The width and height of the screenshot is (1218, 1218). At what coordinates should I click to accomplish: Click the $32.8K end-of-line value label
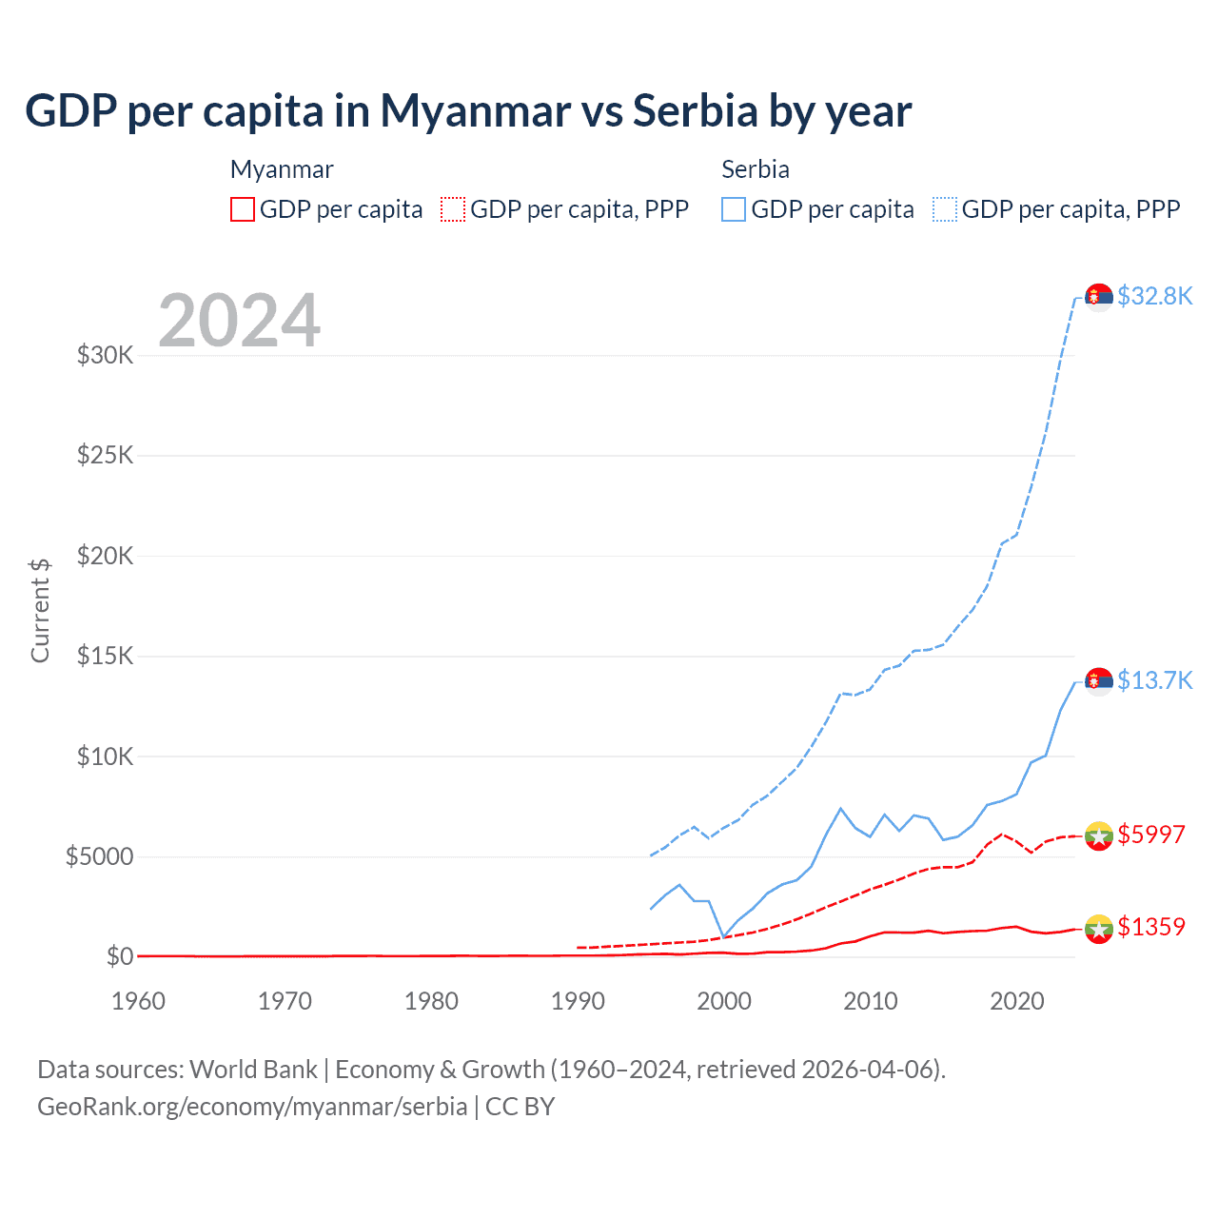point(1154,296)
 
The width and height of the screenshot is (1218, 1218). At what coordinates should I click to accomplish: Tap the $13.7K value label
point(1154,680)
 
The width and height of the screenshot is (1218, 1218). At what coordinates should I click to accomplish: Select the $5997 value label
point(1151,835)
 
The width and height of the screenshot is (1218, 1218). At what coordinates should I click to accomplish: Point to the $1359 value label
point(1151,927)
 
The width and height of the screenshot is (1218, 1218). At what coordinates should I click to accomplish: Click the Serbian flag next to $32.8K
point(1099,297)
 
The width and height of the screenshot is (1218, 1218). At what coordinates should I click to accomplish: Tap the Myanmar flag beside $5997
point(1099,835)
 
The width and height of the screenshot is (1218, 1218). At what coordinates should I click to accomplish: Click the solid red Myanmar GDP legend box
point(243,209)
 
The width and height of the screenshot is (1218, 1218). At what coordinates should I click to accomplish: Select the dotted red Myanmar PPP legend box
point(453,209)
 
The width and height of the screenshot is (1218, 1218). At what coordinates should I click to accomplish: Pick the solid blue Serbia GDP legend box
point(734,209)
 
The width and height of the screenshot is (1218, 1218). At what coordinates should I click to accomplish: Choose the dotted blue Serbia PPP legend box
point(945,209)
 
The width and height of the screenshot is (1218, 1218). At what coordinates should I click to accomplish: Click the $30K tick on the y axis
point(105,356)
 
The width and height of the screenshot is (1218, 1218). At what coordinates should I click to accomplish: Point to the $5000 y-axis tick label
point(99,857)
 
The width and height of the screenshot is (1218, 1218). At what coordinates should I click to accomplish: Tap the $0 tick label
point(119,957)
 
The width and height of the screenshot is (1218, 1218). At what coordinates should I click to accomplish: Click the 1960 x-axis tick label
point(139,1001)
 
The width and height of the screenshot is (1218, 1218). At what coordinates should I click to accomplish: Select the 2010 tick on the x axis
point(871,1001)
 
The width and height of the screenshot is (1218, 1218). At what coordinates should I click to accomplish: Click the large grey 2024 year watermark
point(239,321)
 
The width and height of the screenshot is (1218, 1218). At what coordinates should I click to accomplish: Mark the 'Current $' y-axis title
point(40,611)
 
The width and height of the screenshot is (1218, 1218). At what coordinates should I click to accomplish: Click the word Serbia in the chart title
point(695,110)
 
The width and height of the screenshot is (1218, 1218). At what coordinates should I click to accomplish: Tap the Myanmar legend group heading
point(282,169)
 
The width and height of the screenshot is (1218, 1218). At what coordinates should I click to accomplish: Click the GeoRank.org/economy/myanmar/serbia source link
point(252,1107)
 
